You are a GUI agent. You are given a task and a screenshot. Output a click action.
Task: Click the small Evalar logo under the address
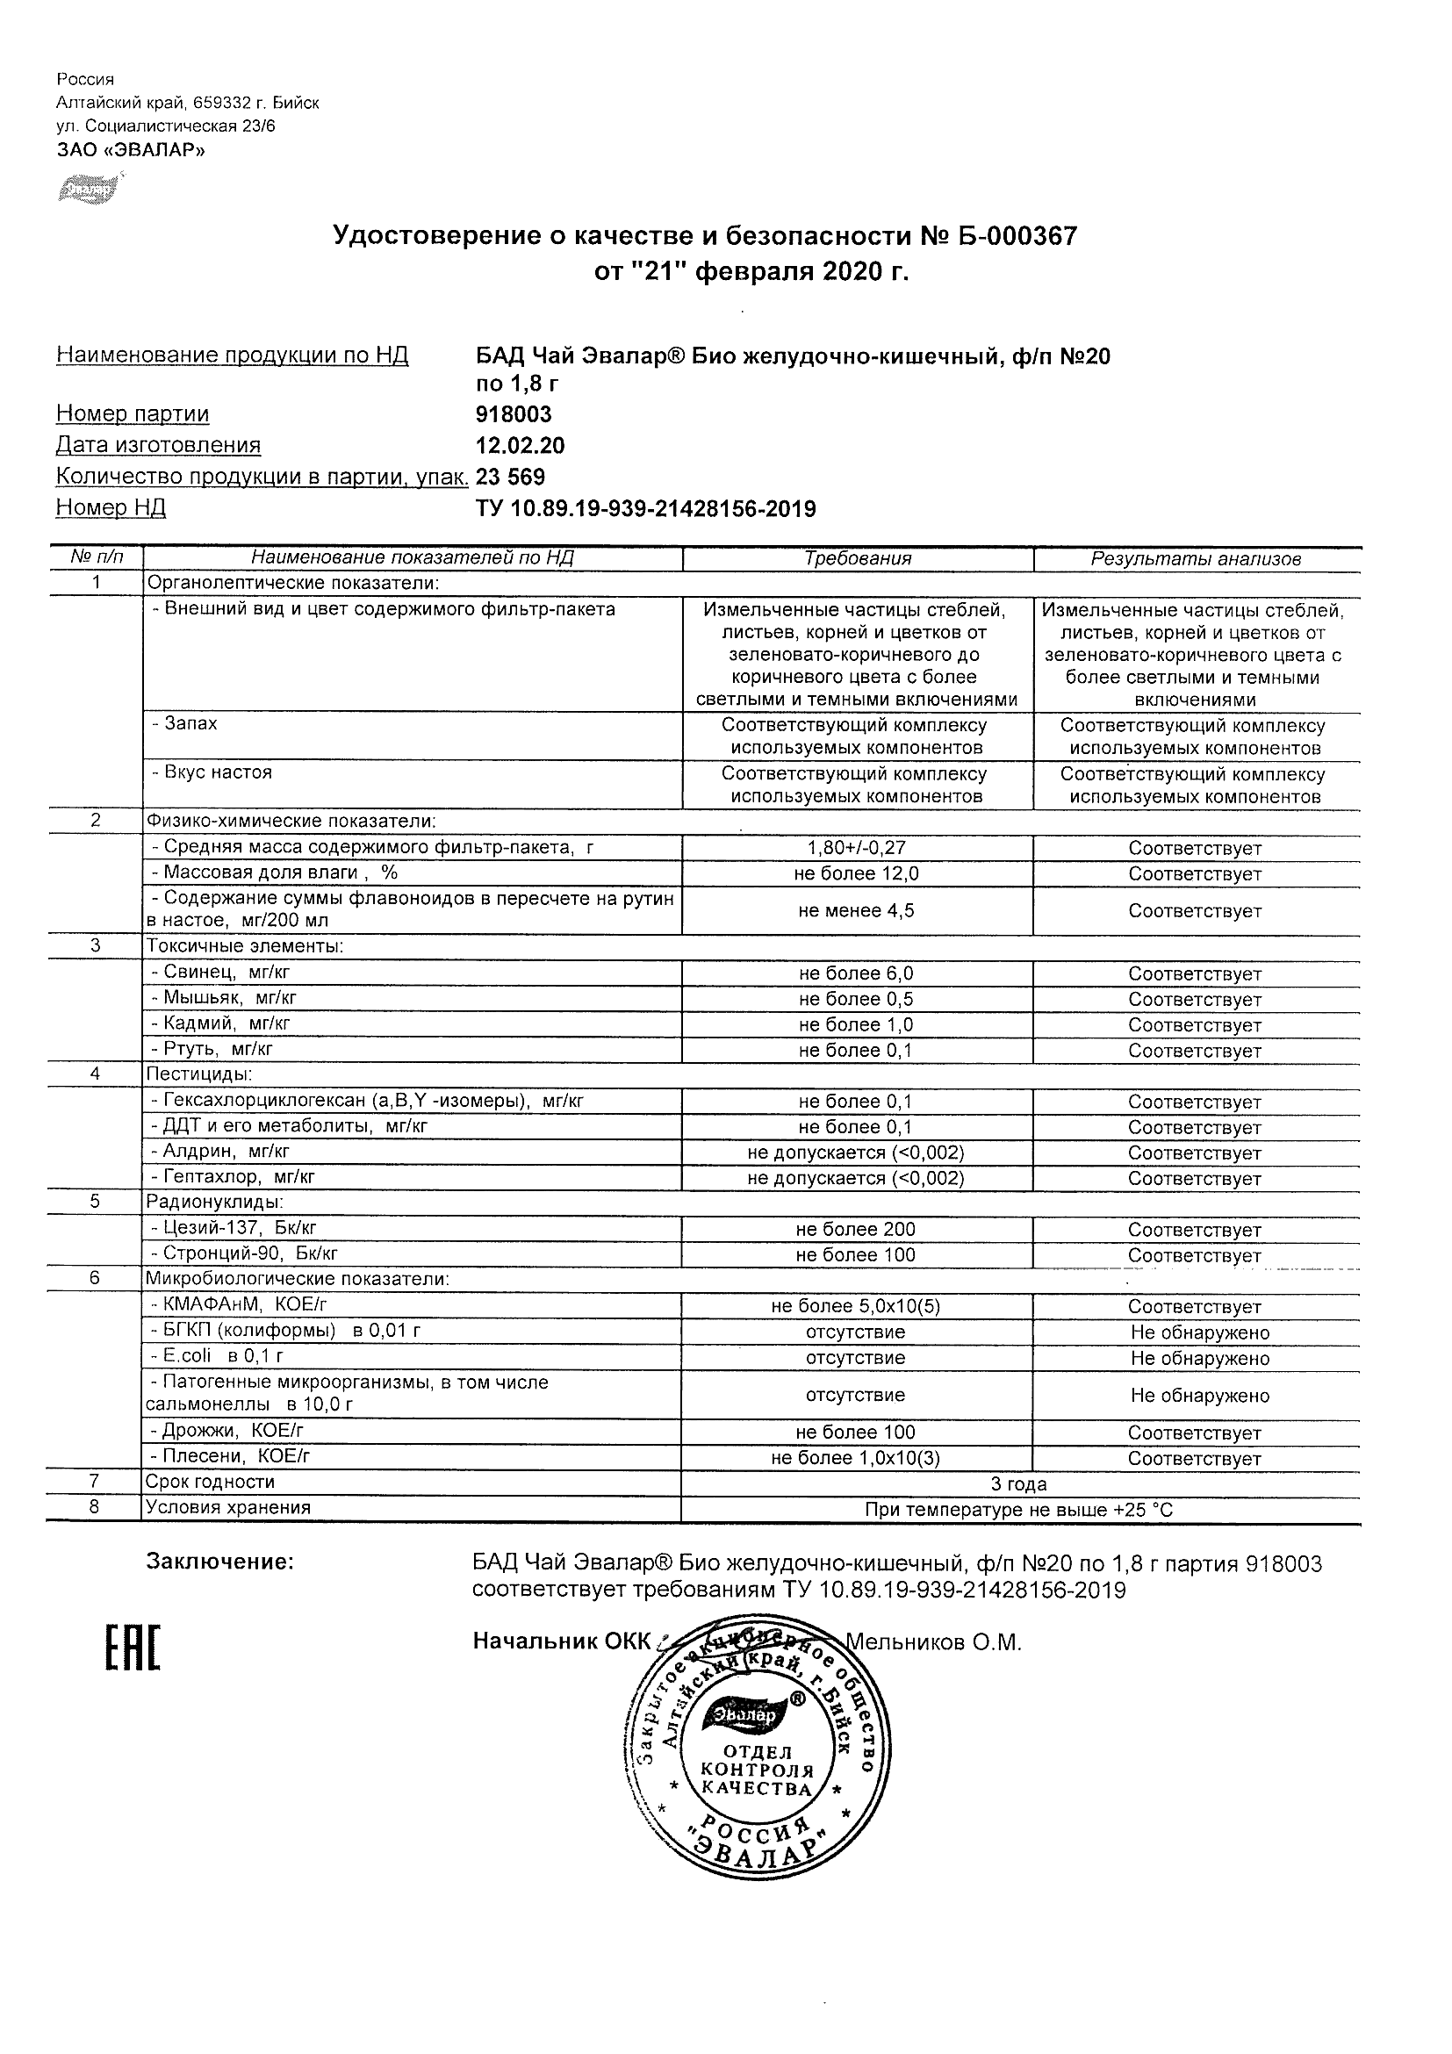pyautogui.click(x=89, y=189)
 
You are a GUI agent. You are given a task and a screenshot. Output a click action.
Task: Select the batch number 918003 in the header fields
pyautogui.click(x=514, y=414)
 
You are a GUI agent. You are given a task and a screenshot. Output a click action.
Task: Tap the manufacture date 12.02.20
pyautogui.click(x=520, y=446)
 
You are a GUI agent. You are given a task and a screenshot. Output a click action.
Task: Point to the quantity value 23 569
pyautogui.click(x=511, y=477)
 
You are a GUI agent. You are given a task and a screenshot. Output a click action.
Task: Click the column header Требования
pyautogui.click(x=857, y=559)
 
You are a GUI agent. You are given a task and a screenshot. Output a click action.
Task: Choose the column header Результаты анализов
pyautogui.click(x=1196, y=560)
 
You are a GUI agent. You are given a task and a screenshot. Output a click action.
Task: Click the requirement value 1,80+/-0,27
pyautogui.click(x=856, y=848)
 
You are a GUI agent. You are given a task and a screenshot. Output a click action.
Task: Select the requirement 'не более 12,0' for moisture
pyautogui.click(x=856, y=874)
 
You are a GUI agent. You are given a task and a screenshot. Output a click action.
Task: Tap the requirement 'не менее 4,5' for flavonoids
pyautogui.click(x=856, y=912)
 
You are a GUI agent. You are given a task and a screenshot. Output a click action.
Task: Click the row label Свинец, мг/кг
pyautogui.click(x=226, y=973)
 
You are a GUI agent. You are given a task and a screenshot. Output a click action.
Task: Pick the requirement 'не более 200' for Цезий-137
pyautogui.click(x=856, y=1230)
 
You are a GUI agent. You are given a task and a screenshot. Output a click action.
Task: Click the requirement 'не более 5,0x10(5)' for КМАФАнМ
pyautogui.click(x=856, y=1306)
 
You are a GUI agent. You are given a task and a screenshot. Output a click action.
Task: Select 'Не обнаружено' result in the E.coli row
pyautogui.click(x=1200, y=1358)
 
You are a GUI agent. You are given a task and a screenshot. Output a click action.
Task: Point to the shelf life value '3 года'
pyautogui.click(x=1019, y=1484)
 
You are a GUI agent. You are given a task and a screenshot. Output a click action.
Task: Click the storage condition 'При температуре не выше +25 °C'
pyautogui.click(x=1019, y=1510)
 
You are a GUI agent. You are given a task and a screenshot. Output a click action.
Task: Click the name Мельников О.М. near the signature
pyautogui.click(x=933, y=1642)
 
